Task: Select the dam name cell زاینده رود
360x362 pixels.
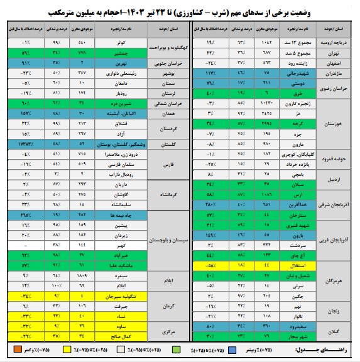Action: (x=297, y=63)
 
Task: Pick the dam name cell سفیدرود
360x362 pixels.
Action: (x=297, y=327)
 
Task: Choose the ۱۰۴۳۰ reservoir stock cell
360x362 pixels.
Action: (x=267, y=103)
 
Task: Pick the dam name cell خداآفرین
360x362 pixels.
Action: (x=297, y=205)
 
